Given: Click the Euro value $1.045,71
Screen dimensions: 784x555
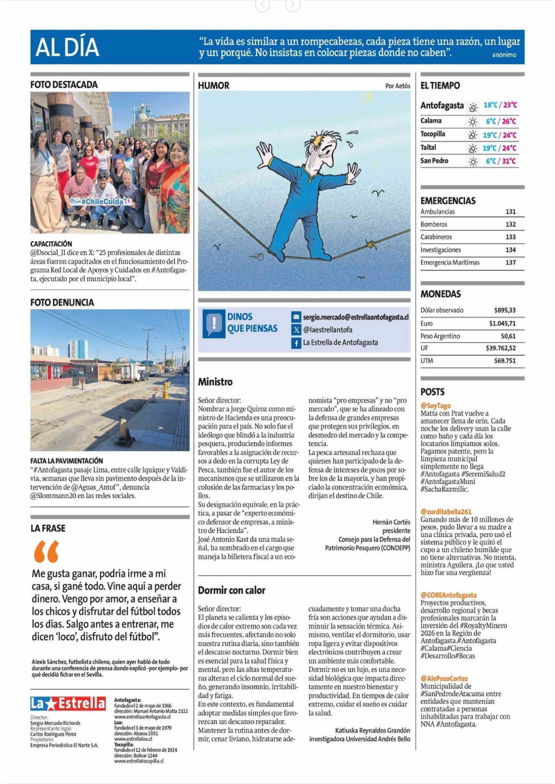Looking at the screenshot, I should [502, 323].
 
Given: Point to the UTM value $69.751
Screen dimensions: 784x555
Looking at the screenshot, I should [505, 360].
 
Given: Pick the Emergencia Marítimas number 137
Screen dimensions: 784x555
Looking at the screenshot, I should [510, 262].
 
